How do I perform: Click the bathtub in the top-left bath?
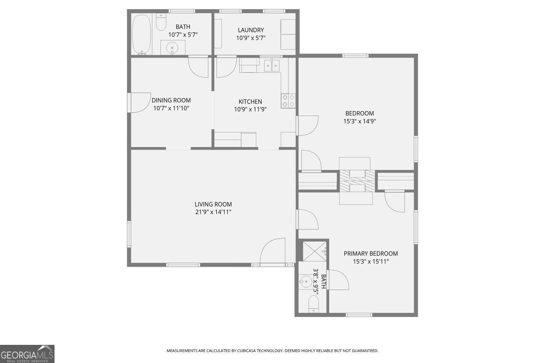point(141,34)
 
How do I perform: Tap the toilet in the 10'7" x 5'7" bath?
point(161,22)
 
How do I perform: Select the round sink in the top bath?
point(172,48)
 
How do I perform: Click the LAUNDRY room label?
point(251,30)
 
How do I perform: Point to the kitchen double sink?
point(272,65)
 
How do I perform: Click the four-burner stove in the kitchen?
point(288,101)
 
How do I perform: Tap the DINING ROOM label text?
point(171,100)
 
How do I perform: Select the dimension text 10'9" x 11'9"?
point(250,109)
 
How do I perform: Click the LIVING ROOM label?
point(213,204)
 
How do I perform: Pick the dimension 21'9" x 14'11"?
point(213,212)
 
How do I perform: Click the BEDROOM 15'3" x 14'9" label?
point(360,117)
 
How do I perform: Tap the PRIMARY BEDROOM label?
point(371,254)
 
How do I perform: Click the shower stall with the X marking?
point(314,252)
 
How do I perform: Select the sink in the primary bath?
point(306,282)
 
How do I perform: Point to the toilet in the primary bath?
point(313,304)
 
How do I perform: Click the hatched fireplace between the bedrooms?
point(357,181)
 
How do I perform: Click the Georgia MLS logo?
point(27,354)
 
